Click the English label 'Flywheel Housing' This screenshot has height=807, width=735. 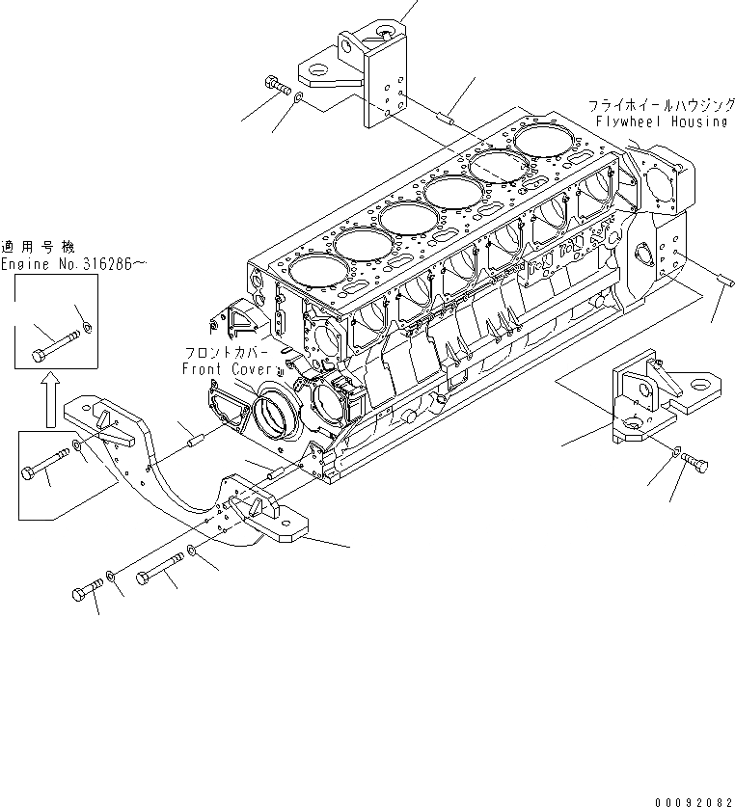[x=661, y=121]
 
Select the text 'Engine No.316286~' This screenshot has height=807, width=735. [x=73, y=264]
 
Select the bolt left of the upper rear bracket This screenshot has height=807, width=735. [x=278, y=85]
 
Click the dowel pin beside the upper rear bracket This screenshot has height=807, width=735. [x=447, y=121]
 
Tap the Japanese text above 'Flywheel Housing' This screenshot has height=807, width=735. [x=659, y=105]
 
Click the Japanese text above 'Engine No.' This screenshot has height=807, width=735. [x=37, y=247]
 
